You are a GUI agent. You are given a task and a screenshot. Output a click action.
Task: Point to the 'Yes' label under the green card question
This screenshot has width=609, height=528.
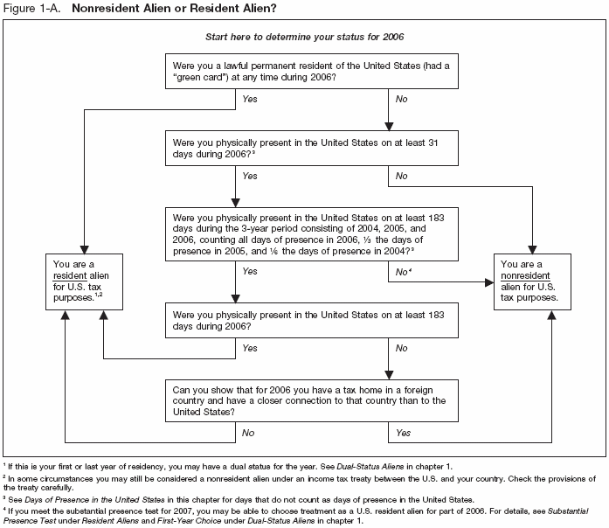(249, 100)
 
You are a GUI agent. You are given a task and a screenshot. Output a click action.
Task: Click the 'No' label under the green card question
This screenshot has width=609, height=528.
(402, 100)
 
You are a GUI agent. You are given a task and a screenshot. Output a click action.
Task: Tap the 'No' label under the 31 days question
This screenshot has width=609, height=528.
(402, 176)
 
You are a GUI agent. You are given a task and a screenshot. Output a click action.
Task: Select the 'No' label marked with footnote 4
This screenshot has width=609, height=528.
(404, 271)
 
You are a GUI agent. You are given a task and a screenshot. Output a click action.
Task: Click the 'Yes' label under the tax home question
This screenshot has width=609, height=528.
(404, 432)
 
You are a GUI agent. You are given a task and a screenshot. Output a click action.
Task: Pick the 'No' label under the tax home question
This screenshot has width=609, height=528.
(247, 432)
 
